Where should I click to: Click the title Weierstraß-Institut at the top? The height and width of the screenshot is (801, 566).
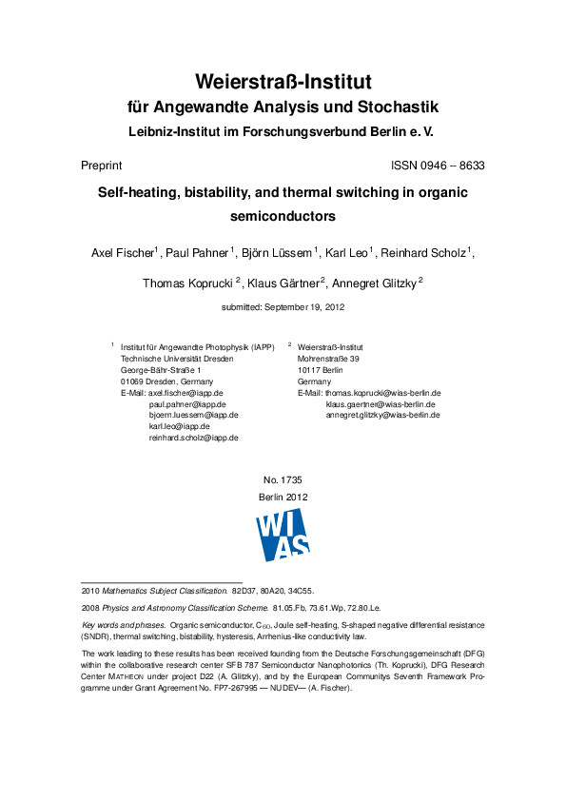point(283,80)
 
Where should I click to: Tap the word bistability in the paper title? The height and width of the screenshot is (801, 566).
point(216,191)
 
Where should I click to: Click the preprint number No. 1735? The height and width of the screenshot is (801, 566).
point(283,481)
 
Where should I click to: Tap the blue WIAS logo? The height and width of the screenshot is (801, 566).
point(283,534)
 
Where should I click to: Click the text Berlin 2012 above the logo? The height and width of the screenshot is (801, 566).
point(283,498)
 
